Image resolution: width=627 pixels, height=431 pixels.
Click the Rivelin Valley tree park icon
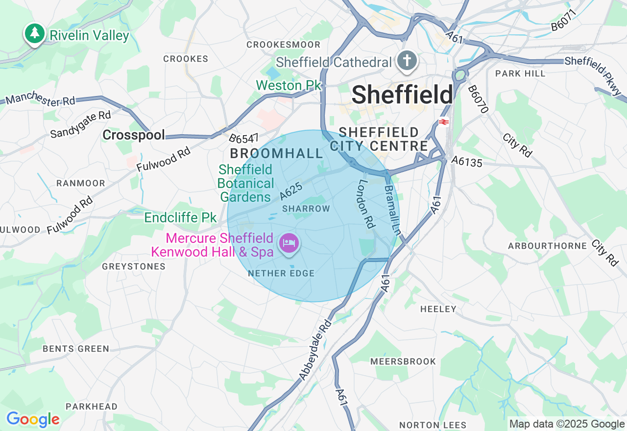[34, 34]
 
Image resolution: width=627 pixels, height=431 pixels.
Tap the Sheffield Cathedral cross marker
[407, 61]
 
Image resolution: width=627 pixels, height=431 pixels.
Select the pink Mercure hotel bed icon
[289, 242]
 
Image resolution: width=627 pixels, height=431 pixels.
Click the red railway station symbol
[444, 122]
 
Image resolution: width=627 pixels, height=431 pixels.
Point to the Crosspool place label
[134, 136]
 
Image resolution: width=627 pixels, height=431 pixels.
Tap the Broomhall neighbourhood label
[277, 153]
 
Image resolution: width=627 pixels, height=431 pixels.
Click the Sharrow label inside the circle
[306, 209]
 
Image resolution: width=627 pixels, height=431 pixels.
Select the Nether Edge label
[281, 273]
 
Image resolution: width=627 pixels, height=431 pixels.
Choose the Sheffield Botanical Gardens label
[246, 183]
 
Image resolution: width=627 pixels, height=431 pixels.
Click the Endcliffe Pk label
[180, 217]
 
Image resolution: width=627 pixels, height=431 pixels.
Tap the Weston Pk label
[288, 85]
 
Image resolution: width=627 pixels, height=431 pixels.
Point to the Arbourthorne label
[547, 246]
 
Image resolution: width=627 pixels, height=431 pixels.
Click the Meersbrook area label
[403, 361]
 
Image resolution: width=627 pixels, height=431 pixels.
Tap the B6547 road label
[244, 139]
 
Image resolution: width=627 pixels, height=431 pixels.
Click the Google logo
[33, 419]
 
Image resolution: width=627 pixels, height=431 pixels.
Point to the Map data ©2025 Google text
[567, 424]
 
